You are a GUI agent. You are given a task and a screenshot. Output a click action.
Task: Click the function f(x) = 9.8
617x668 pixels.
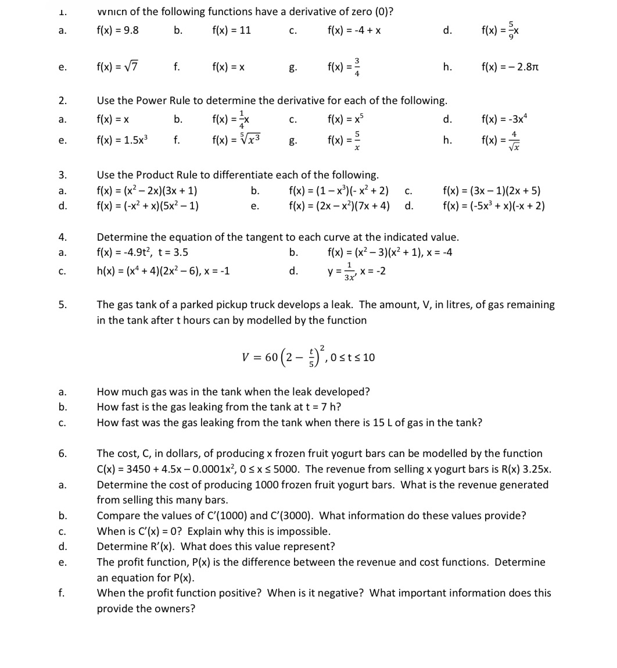click(x=117, y=30)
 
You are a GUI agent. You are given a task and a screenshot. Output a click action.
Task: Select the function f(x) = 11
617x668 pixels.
click(x=231, y=30)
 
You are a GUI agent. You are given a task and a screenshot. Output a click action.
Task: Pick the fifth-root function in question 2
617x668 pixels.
click(x=236, y=140)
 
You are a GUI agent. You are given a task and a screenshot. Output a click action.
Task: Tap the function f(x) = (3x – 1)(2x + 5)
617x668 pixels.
click(x=492, y=191)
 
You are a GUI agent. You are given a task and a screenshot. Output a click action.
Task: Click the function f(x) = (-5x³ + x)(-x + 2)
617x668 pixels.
click(x=493, y=206)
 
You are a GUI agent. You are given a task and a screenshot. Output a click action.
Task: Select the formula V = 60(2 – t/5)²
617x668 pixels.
click(x=308, y=356)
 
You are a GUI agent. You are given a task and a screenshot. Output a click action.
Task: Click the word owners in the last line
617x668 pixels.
click(x=174, y=609)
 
